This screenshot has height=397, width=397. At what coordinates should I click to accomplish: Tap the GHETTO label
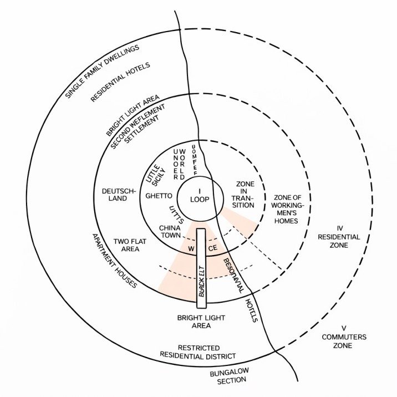[x=157, y=196]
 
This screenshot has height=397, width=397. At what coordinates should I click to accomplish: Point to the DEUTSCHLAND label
[x=119, y=196]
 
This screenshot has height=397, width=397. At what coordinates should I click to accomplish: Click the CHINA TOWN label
[x=170, y=232]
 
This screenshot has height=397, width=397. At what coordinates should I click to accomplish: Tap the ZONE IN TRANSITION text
[x=245, y=195]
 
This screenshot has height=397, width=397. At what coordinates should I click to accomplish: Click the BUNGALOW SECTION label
[x=228, y=376]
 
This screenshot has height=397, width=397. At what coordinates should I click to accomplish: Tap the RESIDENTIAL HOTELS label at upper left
[x=120, y=82]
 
